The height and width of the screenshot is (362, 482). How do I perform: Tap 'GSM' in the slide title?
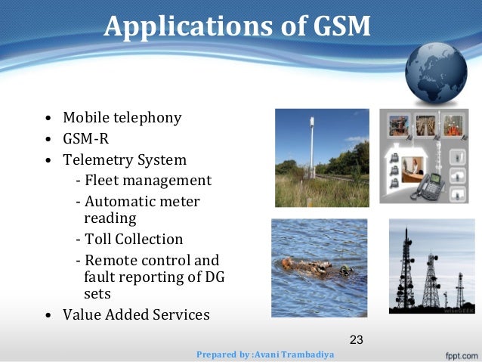click(x=339, y=26)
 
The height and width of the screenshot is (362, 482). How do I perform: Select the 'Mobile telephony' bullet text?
click(x=122, y=118)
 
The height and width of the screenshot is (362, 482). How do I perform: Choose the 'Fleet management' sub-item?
click(x=147, y=181)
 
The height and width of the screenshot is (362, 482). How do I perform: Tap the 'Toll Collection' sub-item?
click(x=133, y=239)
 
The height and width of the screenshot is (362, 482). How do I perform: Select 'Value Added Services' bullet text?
click(x=136, y=314)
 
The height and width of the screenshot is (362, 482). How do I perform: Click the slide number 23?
click(x=357, y=339)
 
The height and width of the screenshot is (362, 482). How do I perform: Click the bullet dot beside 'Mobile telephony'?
click(x=48, y=119)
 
